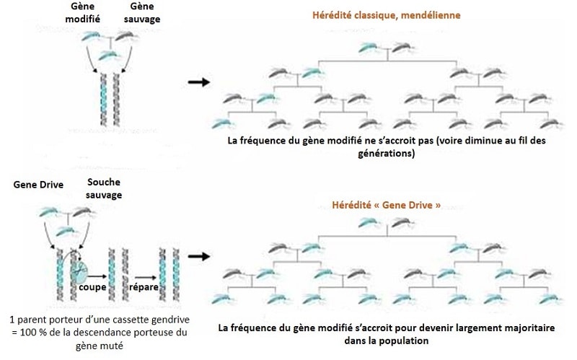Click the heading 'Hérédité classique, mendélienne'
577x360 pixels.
385,14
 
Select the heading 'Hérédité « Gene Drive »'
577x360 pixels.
385,205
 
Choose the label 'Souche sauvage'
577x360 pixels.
102,189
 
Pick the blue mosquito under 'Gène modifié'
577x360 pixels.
91,36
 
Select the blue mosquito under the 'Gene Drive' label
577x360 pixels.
48,211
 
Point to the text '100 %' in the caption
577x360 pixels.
22,332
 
